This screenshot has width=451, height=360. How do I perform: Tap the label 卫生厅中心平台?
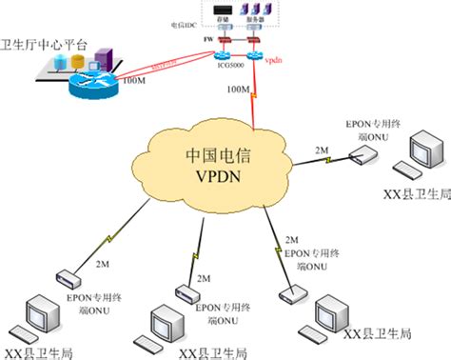pyautogui.click(x=45, y=44)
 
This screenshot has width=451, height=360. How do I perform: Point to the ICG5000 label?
pyautogui.click(x=230, y=67)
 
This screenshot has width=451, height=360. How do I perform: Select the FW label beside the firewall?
pyautogui.click(x=207, y=39)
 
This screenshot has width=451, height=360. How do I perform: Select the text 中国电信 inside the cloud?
pyautogui.click(x=210, y=154)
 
